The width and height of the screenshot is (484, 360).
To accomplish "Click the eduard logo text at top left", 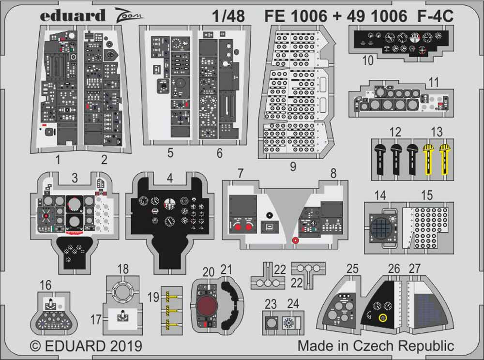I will click(72, 15).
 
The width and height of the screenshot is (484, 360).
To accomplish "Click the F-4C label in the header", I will click(435, 16).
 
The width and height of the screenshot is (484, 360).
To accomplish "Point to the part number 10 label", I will click(367, 61).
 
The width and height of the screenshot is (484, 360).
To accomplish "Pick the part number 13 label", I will click(436, 132).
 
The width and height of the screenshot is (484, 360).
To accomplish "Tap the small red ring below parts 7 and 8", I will click(295, 240).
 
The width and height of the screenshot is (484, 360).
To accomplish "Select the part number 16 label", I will click(45, 285).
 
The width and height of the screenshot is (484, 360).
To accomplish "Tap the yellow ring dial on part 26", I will click(383, 317).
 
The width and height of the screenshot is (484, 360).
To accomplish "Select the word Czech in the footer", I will click(379, 346).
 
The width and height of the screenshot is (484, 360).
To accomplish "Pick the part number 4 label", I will click(169, 178).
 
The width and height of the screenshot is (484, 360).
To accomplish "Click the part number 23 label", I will click(271, 304).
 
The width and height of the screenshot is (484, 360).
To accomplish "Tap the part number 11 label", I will click(434, 82).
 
